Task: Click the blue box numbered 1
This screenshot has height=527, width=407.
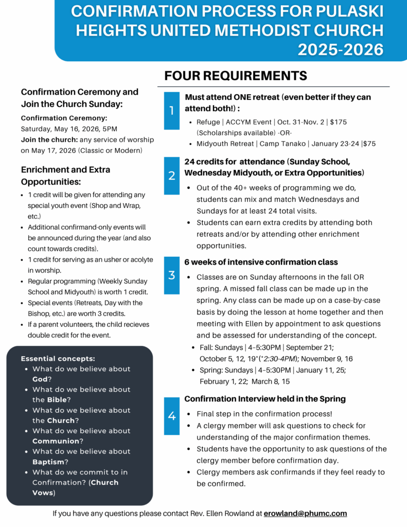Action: click(172, 111)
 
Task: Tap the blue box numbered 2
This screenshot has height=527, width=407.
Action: click(172, 175)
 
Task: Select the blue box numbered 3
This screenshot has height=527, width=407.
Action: click(172, 275)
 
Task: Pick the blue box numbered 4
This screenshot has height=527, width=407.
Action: click(172, 416)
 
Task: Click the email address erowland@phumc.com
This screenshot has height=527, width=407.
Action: click(305, 513)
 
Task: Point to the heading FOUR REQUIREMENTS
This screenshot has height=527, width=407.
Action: click(236, 76)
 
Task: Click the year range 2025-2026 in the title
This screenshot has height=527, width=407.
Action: click(341, 50)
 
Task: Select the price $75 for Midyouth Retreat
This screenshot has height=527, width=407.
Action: click(369, 144)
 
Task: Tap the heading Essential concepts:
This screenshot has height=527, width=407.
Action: click(58, 359)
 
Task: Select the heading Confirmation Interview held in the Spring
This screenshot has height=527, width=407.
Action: click(265, 399)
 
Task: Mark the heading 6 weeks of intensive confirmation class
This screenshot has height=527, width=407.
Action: click(261, 262)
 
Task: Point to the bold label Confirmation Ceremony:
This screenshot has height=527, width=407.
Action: click(64, 118)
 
